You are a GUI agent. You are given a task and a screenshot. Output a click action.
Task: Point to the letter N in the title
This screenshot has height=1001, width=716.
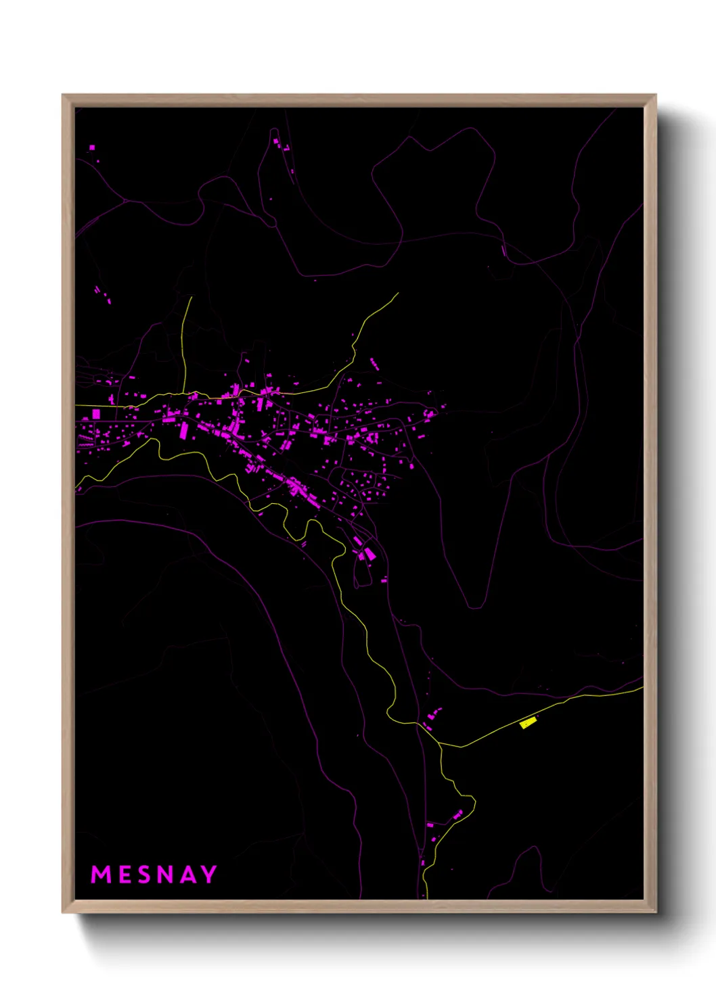[x=164, y=875]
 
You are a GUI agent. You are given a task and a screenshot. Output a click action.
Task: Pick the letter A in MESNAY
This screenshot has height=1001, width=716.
[x=187, y=875]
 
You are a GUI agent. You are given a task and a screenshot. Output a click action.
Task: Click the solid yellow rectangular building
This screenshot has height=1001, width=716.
[x=528, y=724]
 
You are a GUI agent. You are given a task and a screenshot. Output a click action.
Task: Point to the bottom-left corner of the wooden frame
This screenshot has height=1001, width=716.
[x=64, y=911]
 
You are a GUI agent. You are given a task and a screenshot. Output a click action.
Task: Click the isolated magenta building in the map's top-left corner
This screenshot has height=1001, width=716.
[x=92, y=147]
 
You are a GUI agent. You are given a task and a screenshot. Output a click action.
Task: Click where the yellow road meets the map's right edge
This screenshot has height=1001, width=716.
[x=642, y=688]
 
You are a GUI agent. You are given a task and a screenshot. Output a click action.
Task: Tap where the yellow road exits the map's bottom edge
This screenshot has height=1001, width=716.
[x=424, y=898]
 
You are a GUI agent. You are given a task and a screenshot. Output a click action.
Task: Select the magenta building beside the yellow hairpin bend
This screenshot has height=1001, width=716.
[x=458, y=814]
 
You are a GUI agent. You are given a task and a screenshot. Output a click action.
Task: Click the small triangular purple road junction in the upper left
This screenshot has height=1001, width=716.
[x=125, y=200]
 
